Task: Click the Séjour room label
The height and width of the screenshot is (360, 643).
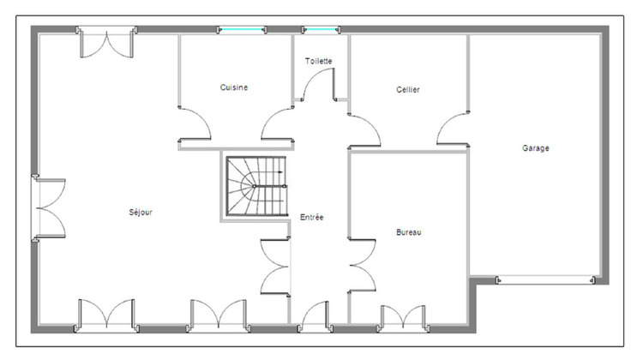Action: pos(141,213)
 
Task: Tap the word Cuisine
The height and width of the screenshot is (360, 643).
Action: pos(234,87)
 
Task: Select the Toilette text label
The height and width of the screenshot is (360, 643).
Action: pos(319,61)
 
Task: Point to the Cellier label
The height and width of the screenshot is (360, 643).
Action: pos(408,90)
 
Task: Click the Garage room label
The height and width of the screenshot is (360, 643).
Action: pos(536,148)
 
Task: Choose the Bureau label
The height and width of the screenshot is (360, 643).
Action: pos(409,232)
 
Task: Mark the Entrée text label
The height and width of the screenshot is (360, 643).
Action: pos(312,218)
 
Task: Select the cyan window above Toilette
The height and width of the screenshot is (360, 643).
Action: pos(319,31)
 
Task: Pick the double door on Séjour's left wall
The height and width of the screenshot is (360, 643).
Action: pos(50,208)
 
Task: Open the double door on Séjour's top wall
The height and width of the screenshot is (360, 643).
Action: pos(107,40)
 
